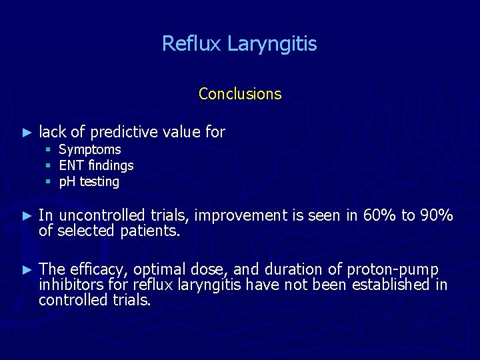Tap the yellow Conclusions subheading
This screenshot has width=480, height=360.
pos(240,94)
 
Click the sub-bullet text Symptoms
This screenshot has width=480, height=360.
pos(90,150)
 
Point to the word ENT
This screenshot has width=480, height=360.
pos(70,165)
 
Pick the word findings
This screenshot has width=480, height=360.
pos(109,165)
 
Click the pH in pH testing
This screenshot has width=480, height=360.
pos(67,182)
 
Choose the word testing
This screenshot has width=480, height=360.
pos(99,182)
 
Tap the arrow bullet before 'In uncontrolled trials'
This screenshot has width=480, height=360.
pos(27,216)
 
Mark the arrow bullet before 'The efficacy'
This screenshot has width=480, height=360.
pos(27,270)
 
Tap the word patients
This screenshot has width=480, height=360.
pos(154,231)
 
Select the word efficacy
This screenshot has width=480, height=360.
pos(95,269)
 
